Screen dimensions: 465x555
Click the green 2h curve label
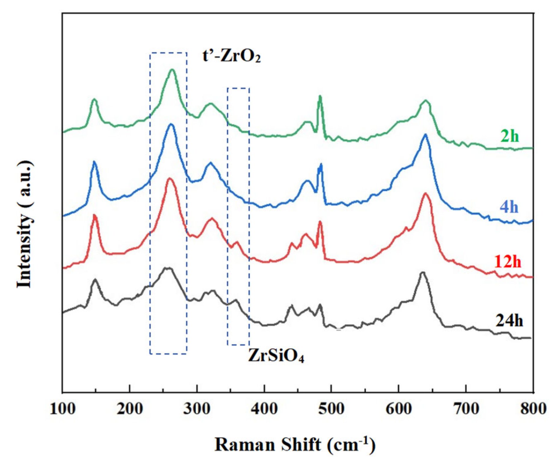(x=509, y=136)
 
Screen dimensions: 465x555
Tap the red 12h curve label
(x=508, y=262)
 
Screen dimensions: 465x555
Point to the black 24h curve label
(x=509, y=321)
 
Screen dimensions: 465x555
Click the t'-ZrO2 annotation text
(x=231, y=56)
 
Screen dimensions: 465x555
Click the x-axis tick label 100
(x=62, y=409)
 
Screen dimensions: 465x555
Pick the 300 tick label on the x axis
(x=197, y=409)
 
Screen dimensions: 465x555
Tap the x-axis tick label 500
(x=331, y=409)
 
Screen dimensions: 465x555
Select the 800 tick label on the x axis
(x=533, y=409)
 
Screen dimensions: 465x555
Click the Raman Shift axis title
(x=295, y=445)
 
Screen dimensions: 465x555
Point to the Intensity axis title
(x=25, y=224)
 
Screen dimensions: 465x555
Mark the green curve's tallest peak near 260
(x=172, y=70)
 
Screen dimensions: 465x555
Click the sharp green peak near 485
(x=320, y=96)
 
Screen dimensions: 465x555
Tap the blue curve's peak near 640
(x=425, y=135)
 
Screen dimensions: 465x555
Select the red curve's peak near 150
(x=95, y=215)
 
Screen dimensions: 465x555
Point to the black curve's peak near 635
(x=423, y=272)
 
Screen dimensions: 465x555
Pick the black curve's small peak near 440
(x=291, y=306)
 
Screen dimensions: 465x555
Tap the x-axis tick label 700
(x=466, y=409)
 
